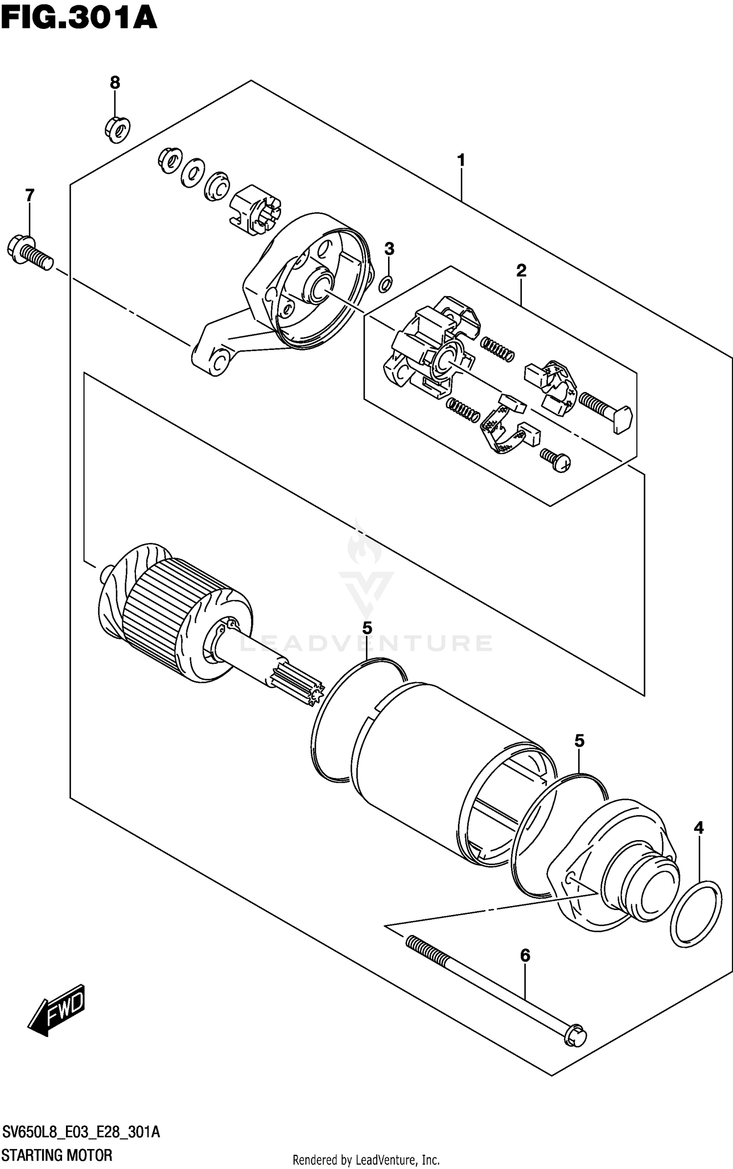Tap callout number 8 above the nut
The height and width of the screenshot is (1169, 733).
coord(115,83)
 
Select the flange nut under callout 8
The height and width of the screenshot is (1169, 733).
coord(117,129)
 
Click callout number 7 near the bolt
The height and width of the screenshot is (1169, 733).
coord(30,195)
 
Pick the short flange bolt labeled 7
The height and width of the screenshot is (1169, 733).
coord(29,251)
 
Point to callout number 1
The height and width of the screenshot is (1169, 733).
coord(460,160)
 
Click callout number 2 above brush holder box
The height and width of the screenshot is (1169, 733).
coord(521,270)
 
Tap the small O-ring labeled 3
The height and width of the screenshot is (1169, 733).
coord(385,283)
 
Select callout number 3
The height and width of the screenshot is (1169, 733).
coord(389,249)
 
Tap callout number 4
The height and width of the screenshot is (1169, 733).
coord(699,827)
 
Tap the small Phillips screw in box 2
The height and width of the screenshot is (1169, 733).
coord(556,460)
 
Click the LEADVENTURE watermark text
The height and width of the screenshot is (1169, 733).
coord(366,643)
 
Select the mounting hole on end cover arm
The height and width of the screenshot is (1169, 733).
coord(219,361)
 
